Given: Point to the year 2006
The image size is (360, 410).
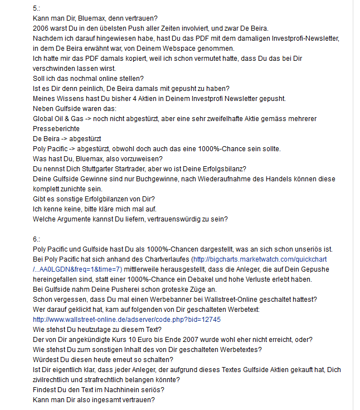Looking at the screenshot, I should [41, 28].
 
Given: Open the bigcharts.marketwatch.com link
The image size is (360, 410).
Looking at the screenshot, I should [259, 259].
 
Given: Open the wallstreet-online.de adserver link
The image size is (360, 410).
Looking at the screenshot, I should [127, 320].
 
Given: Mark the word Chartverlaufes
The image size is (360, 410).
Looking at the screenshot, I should [162, 259].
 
